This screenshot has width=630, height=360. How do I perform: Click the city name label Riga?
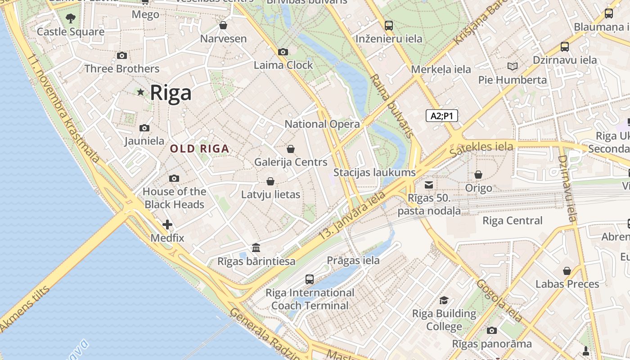[x=171, y=93]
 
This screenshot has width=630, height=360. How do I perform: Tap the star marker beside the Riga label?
[x=140, y=92]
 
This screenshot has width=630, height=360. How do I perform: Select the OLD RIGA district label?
[x=199, y=148]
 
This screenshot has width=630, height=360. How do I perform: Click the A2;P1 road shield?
[x=441, y=116]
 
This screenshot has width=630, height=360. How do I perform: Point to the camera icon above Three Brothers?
[x=121, y=56]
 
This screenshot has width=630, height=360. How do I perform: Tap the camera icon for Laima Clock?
[x=283, y=52]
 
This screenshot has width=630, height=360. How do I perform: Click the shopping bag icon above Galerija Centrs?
[x=291, y=149]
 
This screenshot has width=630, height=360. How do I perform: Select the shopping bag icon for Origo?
[x=478, y=175]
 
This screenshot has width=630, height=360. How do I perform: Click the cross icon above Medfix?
[x=167, y=225]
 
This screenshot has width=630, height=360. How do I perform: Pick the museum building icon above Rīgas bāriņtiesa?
[x=256, y=248]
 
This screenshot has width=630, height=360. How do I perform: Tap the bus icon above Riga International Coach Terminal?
[x=310, y=279]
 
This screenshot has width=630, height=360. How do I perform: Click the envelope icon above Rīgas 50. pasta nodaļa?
[x=429, y=185]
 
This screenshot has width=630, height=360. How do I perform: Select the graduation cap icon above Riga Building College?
[x=444, y=301]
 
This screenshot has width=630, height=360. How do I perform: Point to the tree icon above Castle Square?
[x=70, y=18]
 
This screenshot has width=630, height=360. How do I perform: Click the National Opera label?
[x=322, y=124]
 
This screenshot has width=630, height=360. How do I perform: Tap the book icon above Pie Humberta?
[x=512, y=67]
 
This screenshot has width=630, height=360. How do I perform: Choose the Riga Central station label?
[x=512, y=220]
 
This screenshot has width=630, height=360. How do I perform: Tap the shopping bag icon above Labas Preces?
[x=567, y=271]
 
